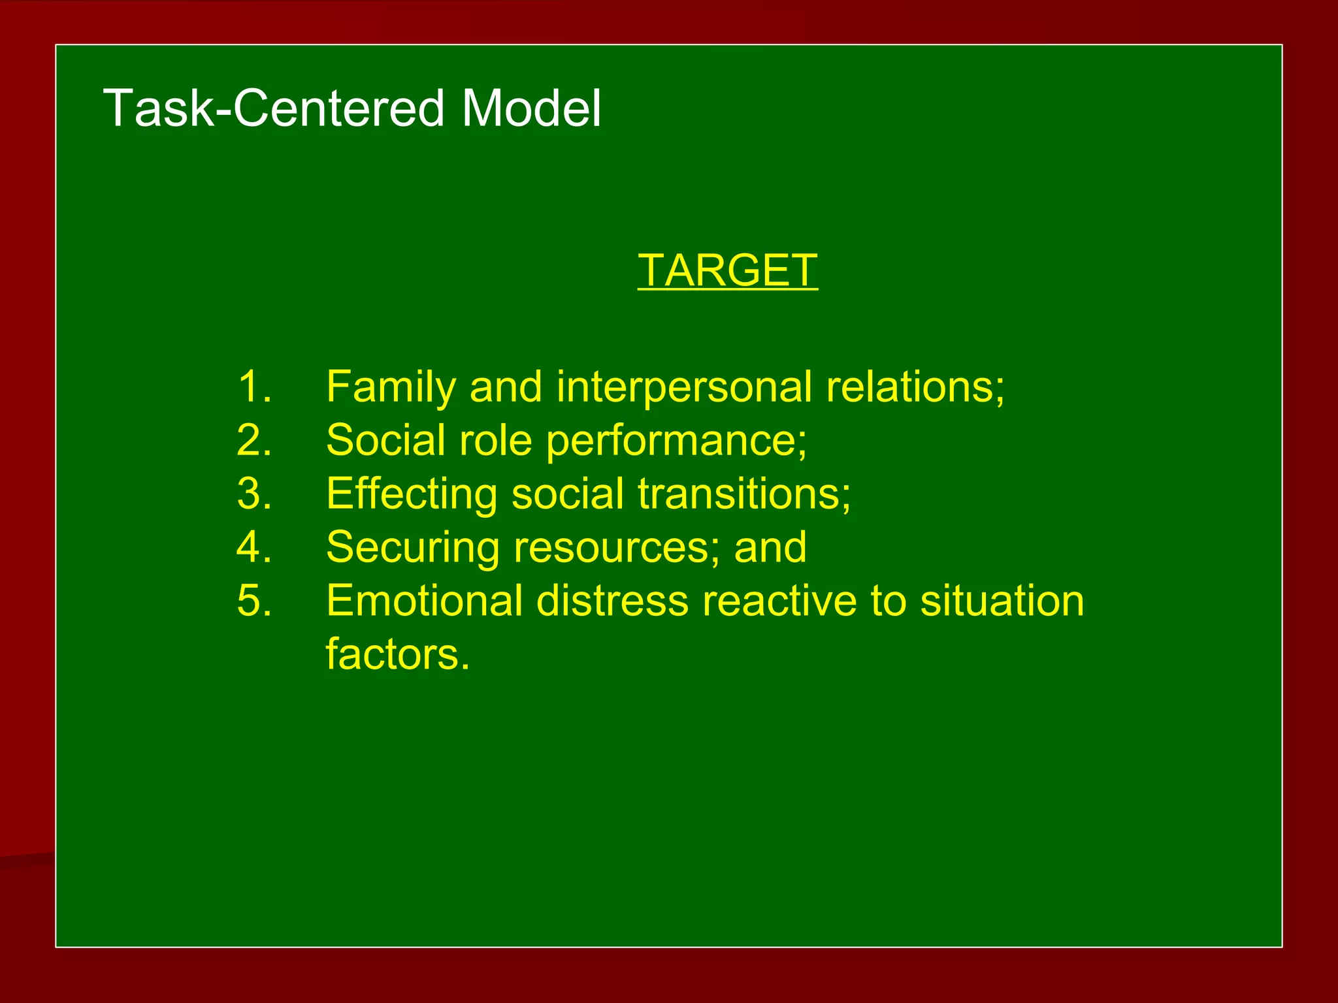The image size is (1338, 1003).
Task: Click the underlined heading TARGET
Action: tap(727, 270)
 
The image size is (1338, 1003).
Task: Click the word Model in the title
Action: tap(531, 108)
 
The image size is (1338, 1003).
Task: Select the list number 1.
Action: tap(253, 387)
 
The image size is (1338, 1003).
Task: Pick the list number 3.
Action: tap(253, 494)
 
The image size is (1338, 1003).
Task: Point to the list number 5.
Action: tap(253, 601)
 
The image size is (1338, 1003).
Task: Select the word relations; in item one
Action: tap(915, 387)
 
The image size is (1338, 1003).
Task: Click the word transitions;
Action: tap(745, 494)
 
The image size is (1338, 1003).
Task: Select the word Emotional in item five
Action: tap(424, 601)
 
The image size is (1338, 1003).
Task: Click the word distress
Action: tap(612, 601)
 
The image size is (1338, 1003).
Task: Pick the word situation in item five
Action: tap(1002, 601)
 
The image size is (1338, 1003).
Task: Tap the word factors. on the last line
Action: tap(397, 654)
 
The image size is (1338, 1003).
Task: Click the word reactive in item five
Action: tap(779, 601)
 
